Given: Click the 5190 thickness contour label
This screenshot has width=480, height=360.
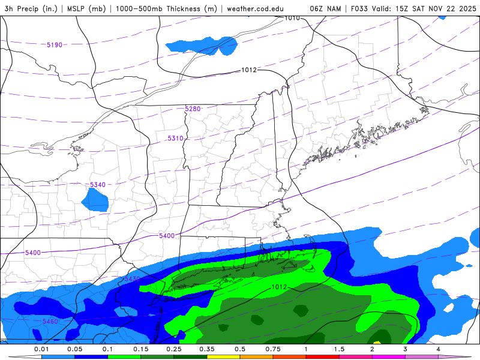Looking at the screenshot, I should (x=55, y=45).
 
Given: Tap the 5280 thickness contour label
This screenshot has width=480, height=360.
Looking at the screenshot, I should (x=193, y=109).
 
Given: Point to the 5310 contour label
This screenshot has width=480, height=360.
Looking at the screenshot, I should (x=175, y=139).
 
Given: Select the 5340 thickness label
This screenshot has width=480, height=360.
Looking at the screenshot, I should (x=97, y=185).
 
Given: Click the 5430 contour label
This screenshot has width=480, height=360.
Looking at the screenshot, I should (x=131, y=280).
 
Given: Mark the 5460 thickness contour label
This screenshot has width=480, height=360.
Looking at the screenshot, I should (x=50, y=322).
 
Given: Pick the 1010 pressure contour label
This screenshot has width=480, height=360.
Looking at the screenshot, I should (x=292, y=18).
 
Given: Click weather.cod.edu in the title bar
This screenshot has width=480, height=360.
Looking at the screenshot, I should (x=255, y=9).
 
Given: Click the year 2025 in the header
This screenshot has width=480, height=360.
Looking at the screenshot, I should (x=464, y=9).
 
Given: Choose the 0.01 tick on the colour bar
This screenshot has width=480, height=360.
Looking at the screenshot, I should (x=41, y=349).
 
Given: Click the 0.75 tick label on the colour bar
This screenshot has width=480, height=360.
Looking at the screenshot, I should (x=273, y=349).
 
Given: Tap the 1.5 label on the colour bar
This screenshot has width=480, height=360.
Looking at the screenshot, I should (x=339, y=349).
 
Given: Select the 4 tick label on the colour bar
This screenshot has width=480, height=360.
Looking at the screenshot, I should (x=438, y=349).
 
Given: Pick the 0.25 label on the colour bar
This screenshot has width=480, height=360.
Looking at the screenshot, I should (x=173, y=349).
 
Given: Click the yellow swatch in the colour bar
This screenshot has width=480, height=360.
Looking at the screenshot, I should (x=223, y=356).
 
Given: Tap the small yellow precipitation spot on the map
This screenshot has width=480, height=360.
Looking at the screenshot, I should (x=377, y=342).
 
